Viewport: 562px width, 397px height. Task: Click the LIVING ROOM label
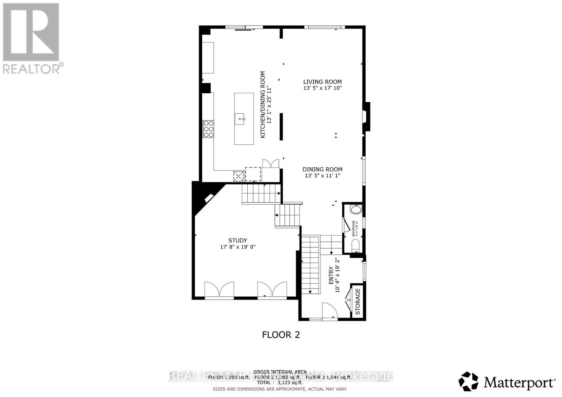(322, 82)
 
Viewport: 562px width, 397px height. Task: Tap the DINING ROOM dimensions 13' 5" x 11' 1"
(322, 176)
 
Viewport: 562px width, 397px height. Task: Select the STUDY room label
(237, 241)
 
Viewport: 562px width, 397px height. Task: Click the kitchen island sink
(241, 119)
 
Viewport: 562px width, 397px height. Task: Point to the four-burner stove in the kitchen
(208, 129)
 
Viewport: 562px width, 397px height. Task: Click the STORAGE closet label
(358, 302)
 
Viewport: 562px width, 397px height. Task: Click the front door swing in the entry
(329, 311)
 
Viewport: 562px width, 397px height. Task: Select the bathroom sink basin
(356, 210)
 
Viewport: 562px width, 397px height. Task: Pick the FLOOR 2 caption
(281, 335)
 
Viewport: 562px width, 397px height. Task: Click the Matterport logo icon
(468, 381)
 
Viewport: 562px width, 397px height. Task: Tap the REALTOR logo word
(32, 68)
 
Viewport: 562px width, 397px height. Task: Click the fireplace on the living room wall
(366, 117)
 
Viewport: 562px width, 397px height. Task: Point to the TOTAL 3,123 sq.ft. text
(280, 383)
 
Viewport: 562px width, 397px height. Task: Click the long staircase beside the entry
(311, 265)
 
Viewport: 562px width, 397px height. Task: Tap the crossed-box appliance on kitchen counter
(239, 176)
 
